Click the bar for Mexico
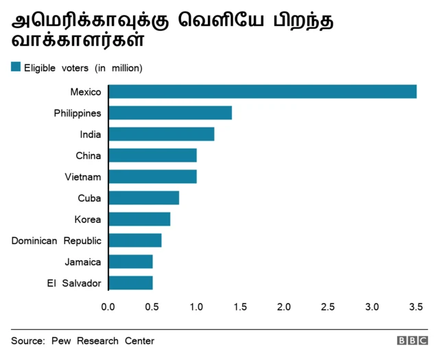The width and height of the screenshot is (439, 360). point(262,92)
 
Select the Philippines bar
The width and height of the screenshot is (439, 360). point(170,113)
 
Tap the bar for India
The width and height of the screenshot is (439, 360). point(161,134)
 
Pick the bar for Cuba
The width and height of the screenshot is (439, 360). point(143,198)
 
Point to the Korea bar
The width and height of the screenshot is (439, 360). point(139,219)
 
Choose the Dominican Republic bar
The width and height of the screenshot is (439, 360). point(135,241)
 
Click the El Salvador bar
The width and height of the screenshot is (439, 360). point(130,283)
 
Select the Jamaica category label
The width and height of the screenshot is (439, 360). point(83,262)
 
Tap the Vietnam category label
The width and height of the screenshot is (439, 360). point(83,177)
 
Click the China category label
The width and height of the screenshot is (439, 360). point(88,156)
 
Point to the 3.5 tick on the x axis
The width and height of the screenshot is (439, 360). point(416,306)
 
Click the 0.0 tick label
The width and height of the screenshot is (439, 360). point(108,306)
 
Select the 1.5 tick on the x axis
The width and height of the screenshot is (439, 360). point(240,306)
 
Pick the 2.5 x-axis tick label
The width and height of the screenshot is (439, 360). point(328,306)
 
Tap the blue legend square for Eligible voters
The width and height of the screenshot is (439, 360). point(16,67)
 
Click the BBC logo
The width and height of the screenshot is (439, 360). point(412,341)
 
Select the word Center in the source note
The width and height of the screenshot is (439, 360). point(139,341)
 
